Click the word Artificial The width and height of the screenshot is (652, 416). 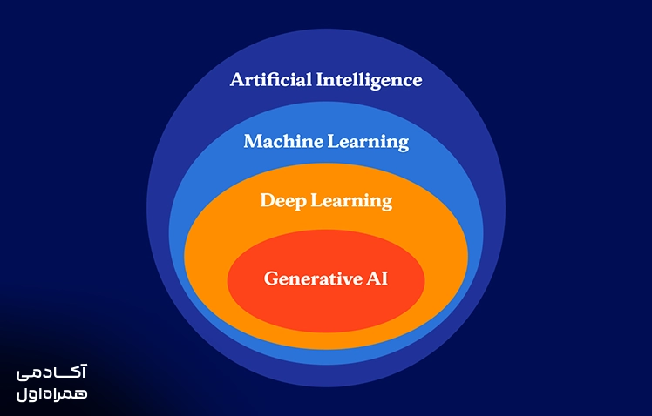coord(270,79)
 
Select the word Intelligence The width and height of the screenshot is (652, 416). coord(370,81)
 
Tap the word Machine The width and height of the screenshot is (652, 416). coord(283,141)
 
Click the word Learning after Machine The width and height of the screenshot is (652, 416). coord(368,143)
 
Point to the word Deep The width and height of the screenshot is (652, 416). coord(283,201)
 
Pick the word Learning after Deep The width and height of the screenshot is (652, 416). coord(351,202)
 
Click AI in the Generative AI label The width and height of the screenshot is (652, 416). coord(377,278)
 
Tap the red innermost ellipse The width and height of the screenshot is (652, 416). coord(326,307)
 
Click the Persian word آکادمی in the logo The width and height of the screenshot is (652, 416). coord(51,372)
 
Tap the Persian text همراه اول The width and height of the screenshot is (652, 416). coord(52,394)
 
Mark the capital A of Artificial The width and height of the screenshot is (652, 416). coord(237,79)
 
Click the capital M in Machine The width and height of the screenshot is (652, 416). coord(254,141)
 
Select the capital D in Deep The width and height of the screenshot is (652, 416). coord(268,200)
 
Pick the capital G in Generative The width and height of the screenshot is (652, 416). coord(272,278)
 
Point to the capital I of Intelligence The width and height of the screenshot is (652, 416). coord(320,79)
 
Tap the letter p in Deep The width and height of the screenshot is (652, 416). coord(300,204)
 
